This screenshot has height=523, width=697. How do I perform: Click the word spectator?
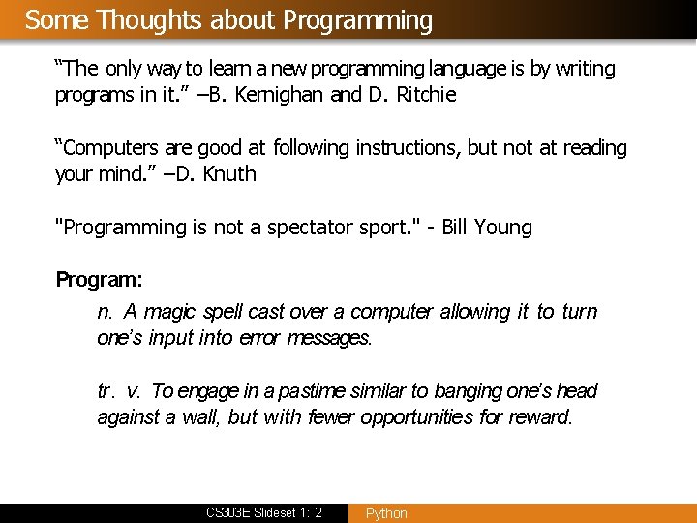click(319, 228)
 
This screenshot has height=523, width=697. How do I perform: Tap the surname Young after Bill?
click(503, 228)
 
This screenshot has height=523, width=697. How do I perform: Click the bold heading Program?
click(99, 280)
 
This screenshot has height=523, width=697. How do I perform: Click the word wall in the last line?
click(200, 417)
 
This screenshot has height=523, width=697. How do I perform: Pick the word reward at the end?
click(542, 417)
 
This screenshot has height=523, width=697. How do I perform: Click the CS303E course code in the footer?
click(229, 512)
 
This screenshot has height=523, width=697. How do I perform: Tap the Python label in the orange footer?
click(386, 513)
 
